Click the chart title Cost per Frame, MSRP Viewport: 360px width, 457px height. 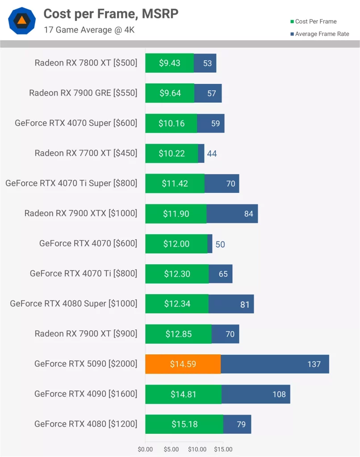pos(111,14)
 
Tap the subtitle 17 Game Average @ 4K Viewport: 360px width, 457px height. pos(89,30)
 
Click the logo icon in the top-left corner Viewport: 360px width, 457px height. pos(21,20)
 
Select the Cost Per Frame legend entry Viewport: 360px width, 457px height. pos(313,21)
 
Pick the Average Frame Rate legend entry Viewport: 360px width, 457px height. pos(319,34)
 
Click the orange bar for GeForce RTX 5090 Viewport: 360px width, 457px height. pos(183,364)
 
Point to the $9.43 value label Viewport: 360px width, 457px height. pos(170,63)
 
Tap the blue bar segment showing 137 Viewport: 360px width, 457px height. pos(275,364)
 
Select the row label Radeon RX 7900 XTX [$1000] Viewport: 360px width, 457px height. pos(81,214)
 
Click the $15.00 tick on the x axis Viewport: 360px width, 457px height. pos(223,449)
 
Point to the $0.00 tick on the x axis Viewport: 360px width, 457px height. pos(145,449)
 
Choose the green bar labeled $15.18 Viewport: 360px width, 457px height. pos(184,424)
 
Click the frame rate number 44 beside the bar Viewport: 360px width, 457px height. pos(212,154)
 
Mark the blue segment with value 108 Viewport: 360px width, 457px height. pos(255,395)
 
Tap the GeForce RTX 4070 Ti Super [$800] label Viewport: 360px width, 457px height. pos(71,183)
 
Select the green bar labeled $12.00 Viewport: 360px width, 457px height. pos(176,244)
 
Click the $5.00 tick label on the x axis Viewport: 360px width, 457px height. pos(171,449)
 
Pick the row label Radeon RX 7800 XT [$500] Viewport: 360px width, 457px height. pos(86,63)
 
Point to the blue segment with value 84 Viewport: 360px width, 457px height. pos(232,214)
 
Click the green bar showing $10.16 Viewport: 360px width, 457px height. pos(171,123)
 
